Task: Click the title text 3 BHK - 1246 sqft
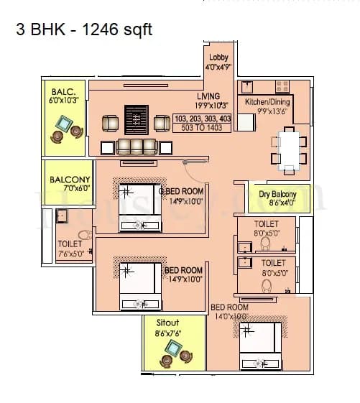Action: (x=84, y=29)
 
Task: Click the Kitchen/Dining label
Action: (x=267, y=103)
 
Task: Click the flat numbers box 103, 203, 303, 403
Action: (x=203, y=118)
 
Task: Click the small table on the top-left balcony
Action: (x=62, y=128)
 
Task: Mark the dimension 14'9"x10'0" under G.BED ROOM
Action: (x=185, y=202)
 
